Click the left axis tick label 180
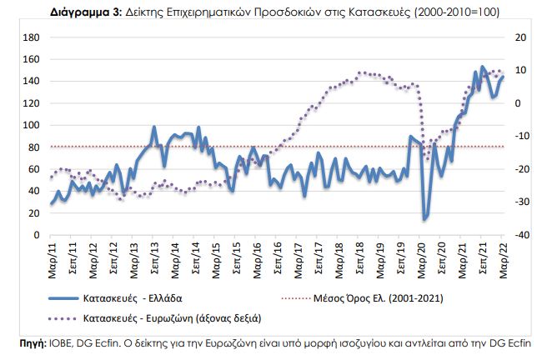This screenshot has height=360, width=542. [32, 38]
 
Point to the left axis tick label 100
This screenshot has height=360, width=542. [32, 126]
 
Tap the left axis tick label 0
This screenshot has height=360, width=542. [37, 235]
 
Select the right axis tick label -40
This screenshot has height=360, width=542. [520, 235]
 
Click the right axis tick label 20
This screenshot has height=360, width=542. [520, 38]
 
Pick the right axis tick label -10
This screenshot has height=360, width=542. [520, 137]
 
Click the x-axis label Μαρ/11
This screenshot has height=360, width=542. [51, 257]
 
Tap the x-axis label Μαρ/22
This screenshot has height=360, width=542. [503, 257]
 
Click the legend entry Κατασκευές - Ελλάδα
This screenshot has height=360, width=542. [134, 297]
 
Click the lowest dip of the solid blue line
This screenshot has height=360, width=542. [424, 219]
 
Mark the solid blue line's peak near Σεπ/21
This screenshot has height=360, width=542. [484, 67]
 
